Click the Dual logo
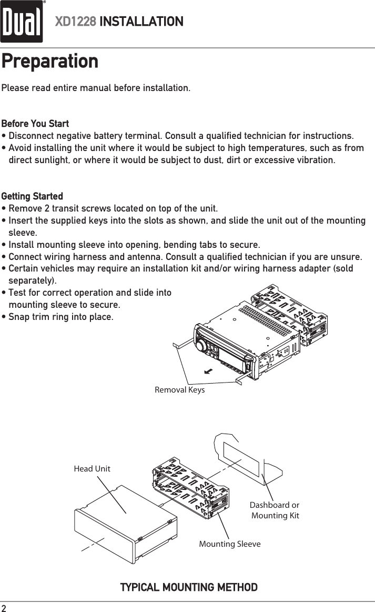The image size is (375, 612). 22,22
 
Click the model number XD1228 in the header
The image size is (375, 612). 76,22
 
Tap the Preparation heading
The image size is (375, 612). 50,61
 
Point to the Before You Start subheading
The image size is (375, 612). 35,124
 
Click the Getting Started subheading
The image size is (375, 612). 32,196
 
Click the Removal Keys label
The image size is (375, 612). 179,390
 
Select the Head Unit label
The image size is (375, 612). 92,468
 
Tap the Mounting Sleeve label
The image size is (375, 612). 229,544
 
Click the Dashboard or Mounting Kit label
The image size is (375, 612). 275,510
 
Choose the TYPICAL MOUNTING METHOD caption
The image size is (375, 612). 189,587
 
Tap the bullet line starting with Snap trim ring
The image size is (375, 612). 60,317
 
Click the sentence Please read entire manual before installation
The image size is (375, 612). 96,87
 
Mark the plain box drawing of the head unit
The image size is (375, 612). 121,526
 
